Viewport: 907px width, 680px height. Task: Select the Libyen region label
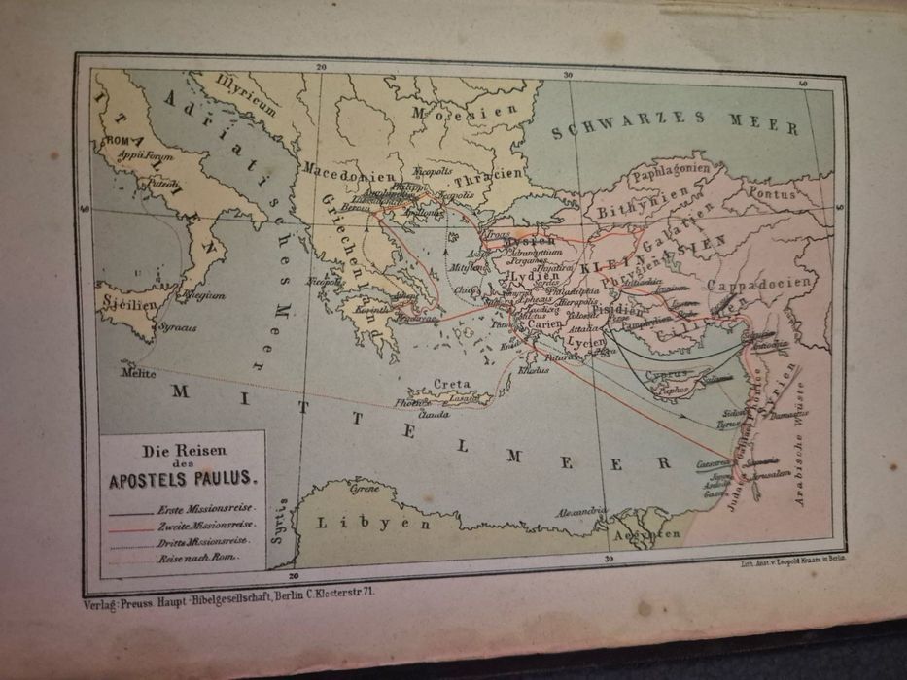point(372,522)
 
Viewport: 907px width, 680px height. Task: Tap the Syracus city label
point(177,328)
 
